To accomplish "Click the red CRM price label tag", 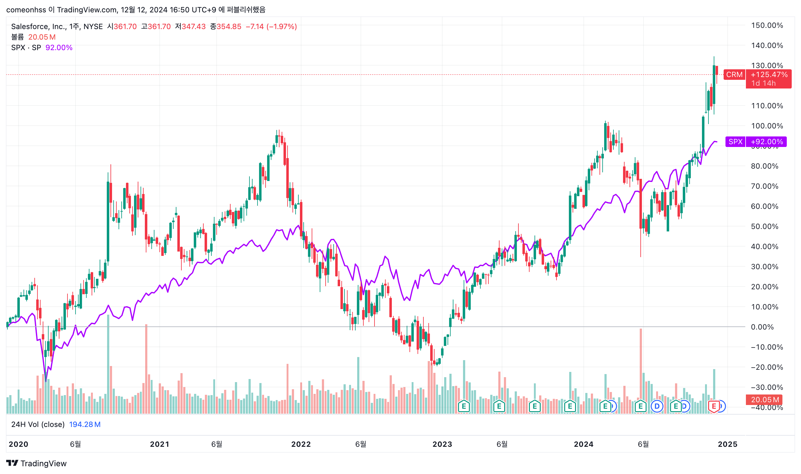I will tap(734, 75).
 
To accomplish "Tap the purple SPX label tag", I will tap(735, 142).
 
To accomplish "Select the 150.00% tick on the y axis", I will tap(767, 26).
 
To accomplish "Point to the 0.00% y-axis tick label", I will tap(762, 327).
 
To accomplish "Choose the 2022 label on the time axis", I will tap(301, 444).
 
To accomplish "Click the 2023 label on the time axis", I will tap(442, 444).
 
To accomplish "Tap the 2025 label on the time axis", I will tap(727, 444).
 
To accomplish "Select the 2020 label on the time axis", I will tap(18, 444).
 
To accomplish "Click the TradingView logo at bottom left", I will tap(36, 463).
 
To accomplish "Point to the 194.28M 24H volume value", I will tap(85, 424).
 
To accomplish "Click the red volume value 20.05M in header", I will tap(42, 37).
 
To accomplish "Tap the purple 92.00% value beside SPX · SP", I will tap(59, 48).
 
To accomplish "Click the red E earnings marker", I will tap(713, 406).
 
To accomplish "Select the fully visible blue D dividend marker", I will tap(656, 406).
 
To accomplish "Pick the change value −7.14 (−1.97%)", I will tap(271, 27).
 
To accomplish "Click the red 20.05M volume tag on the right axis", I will tap(765, 399).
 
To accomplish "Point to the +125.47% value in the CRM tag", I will tap(769, 75).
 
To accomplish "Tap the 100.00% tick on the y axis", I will tap(767, 126).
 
